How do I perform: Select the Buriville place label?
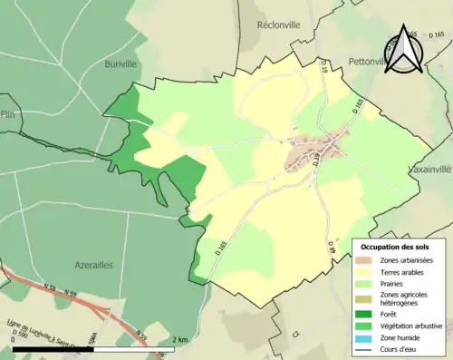point(93,64)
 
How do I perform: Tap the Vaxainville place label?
point(429,170)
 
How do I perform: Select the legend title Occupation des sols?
point(397,246)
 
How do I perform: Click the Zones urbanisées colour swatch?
point(364,260)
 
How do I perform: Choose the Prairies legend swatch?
point(364,283)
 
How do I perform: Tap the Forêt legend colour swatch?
point(364,315)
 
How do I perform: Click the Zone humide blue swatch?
point(364,337)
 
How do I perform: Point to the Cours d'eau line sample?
point(364,349)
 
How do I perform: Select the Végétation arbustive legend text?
point(412,326)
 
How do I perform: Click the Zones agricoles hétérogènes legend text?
point(405,298)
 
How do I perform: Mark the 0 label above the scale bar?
point(14,339)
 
